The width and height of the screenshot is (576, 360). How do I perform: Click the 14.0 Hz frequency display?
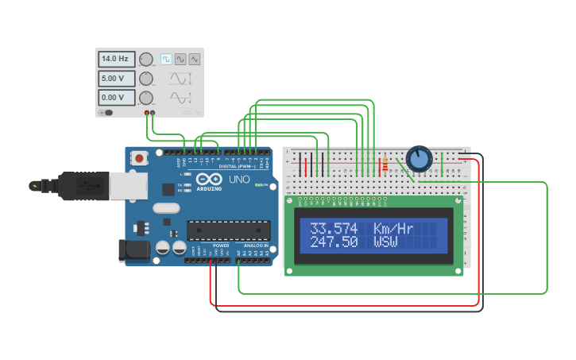[116, 59]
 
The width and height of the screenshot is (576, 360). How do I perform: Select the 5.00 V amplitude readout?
[116, 78]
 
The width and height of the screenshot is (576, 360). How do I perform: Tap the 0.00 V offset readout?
[116, 98]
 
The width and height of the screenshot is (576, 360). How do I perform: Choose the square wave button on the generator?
[167, 59]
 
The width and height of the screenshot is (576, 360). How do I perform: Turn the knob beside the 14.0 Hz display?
[146, 59]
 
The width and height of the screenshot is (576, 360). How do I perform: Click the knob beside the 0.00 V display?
[146, 98]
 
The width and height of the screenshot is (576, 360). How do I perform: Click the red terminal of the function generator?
[147, 113]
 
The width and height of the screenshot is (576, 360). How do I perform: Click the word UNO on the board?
[239, 180]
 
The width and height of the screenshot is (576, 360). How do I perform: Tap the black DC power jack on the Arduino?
[133, 250]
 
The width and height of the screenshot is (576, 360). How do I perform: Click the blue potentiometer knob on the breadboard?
[419, 159]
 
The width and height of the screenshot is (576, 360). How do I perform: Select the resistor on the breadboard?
[385, 165]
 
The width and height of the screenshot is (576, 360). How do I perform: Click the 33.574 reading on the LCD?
[334, 229]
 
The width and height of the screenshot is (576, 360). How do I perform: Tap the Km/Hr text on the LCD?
[394, 229]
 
